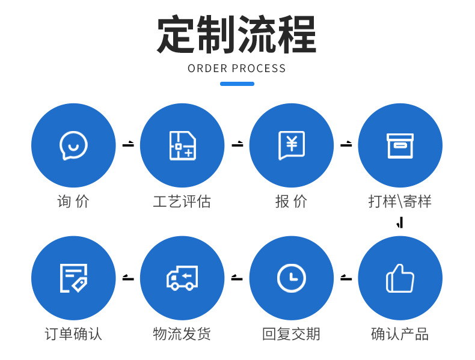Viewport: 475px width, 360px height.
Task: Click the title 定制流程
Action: point(236,35)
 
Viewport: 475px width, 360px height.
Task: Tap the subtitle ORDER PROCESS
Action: point(237,69)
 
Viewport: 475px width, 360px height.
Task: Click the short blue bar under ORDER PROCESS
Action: point(237,84)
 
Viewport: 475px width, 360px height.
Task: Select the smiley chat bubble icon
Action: point(73,145)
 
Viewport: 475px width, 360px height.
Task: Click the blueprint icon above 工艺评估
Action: point(182,145)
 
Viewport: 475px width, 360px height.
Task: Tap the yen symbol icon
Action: point(292,145)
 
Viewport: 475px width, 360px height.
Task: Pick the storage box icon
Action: point(400,145)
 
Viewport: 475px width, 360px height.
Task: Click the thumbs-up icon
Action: point(400,278)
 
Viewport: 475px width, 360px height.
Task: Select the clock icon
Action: point(292,278)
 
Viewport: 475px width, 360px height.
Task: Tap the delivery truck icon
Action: point(182,278)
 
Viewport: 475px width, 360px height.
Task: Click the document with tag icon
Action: point(73,278)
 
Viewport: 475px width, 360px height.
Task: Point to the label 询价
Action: point(73,201)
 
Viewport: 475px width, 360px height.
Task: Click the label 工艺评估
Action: point(182,201)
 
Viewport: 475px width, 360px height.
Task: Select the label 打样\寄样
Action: point(400,201)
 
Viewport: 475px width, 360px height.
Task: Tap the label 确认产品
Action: point(400,334)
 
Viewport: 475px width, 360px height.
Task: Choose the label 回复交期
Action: point(292,334)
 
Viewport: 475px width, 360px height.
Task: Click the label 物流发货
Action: point(182,334)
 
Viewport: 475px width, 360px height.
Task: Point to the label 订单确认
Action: point(73,334)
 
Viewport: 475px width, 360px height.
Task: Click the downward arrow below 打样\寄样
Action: point(400,224)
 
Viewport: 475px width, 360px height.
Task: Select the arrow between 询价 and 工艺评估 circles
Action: point(128,145)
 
